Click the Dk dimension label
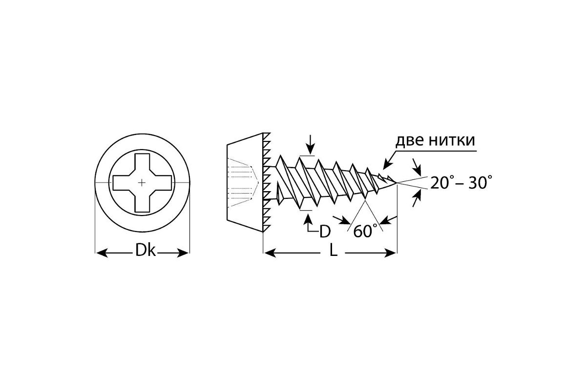pyautogui.click(x=146, y=251)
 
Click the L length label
pyautogui.click(x=333, y=250)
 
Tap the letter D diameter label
pyautogui.click(x=325, y=231)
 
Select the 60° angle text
pyautogui.click(x=366, y=231)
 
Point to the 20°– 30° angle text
pyautogui.click(x=461, y=182)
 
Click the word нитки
pyautogui.click(x=452, y=140)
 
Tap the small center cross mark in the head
pyautogui.click(x=142, y=183)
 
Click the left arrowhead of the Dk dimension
pyautogui.click(x=102, y=253)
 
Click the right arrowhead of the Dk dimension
pyautogui.click(x=183, y=253)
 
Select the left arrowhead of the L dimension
pyautogui.click(x=270, y=253)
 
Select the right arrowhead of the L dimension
pyautogui.click(x=390, y=253)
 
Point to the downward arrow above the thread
pyautogui.click(x=310, y=144)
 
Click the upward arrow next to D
pyautogui.click(x=308, y=221)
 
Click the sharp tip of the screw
pyautogui.click(x=397, y=183)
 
